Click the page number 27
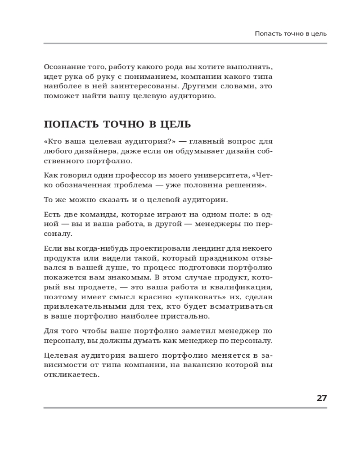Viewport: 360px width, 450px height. click(x=321, y=398)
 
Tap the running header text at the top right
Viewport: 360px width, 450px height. click(x=291, y=33)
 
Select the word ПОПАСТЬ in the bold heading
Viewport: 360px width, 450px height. click(x=70, y=125)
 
